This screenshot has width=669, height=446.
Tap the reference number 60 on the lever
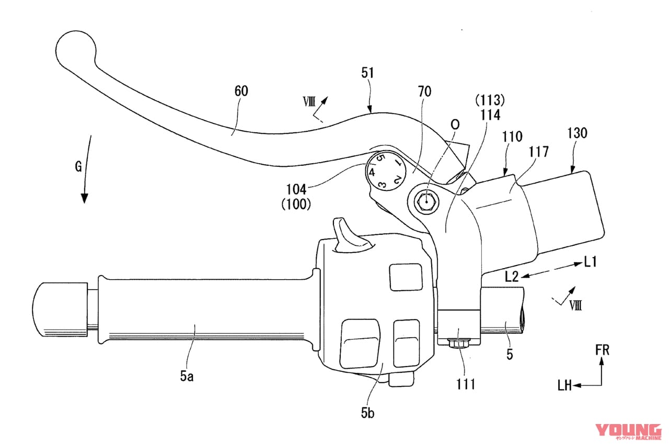[241, 91]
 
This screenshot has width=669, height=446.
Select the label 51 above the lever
[367, 73]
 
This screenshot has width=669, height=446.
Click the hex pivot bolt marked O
[426, 201]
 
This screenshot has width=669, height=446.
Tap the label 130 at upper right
[578, 133]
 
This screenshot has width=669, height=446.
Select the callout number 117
[539, 152]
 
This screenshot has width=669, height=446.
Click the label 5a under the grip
[187, 376]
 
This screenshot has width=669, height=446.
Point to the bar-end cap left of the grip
[59, 309]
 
